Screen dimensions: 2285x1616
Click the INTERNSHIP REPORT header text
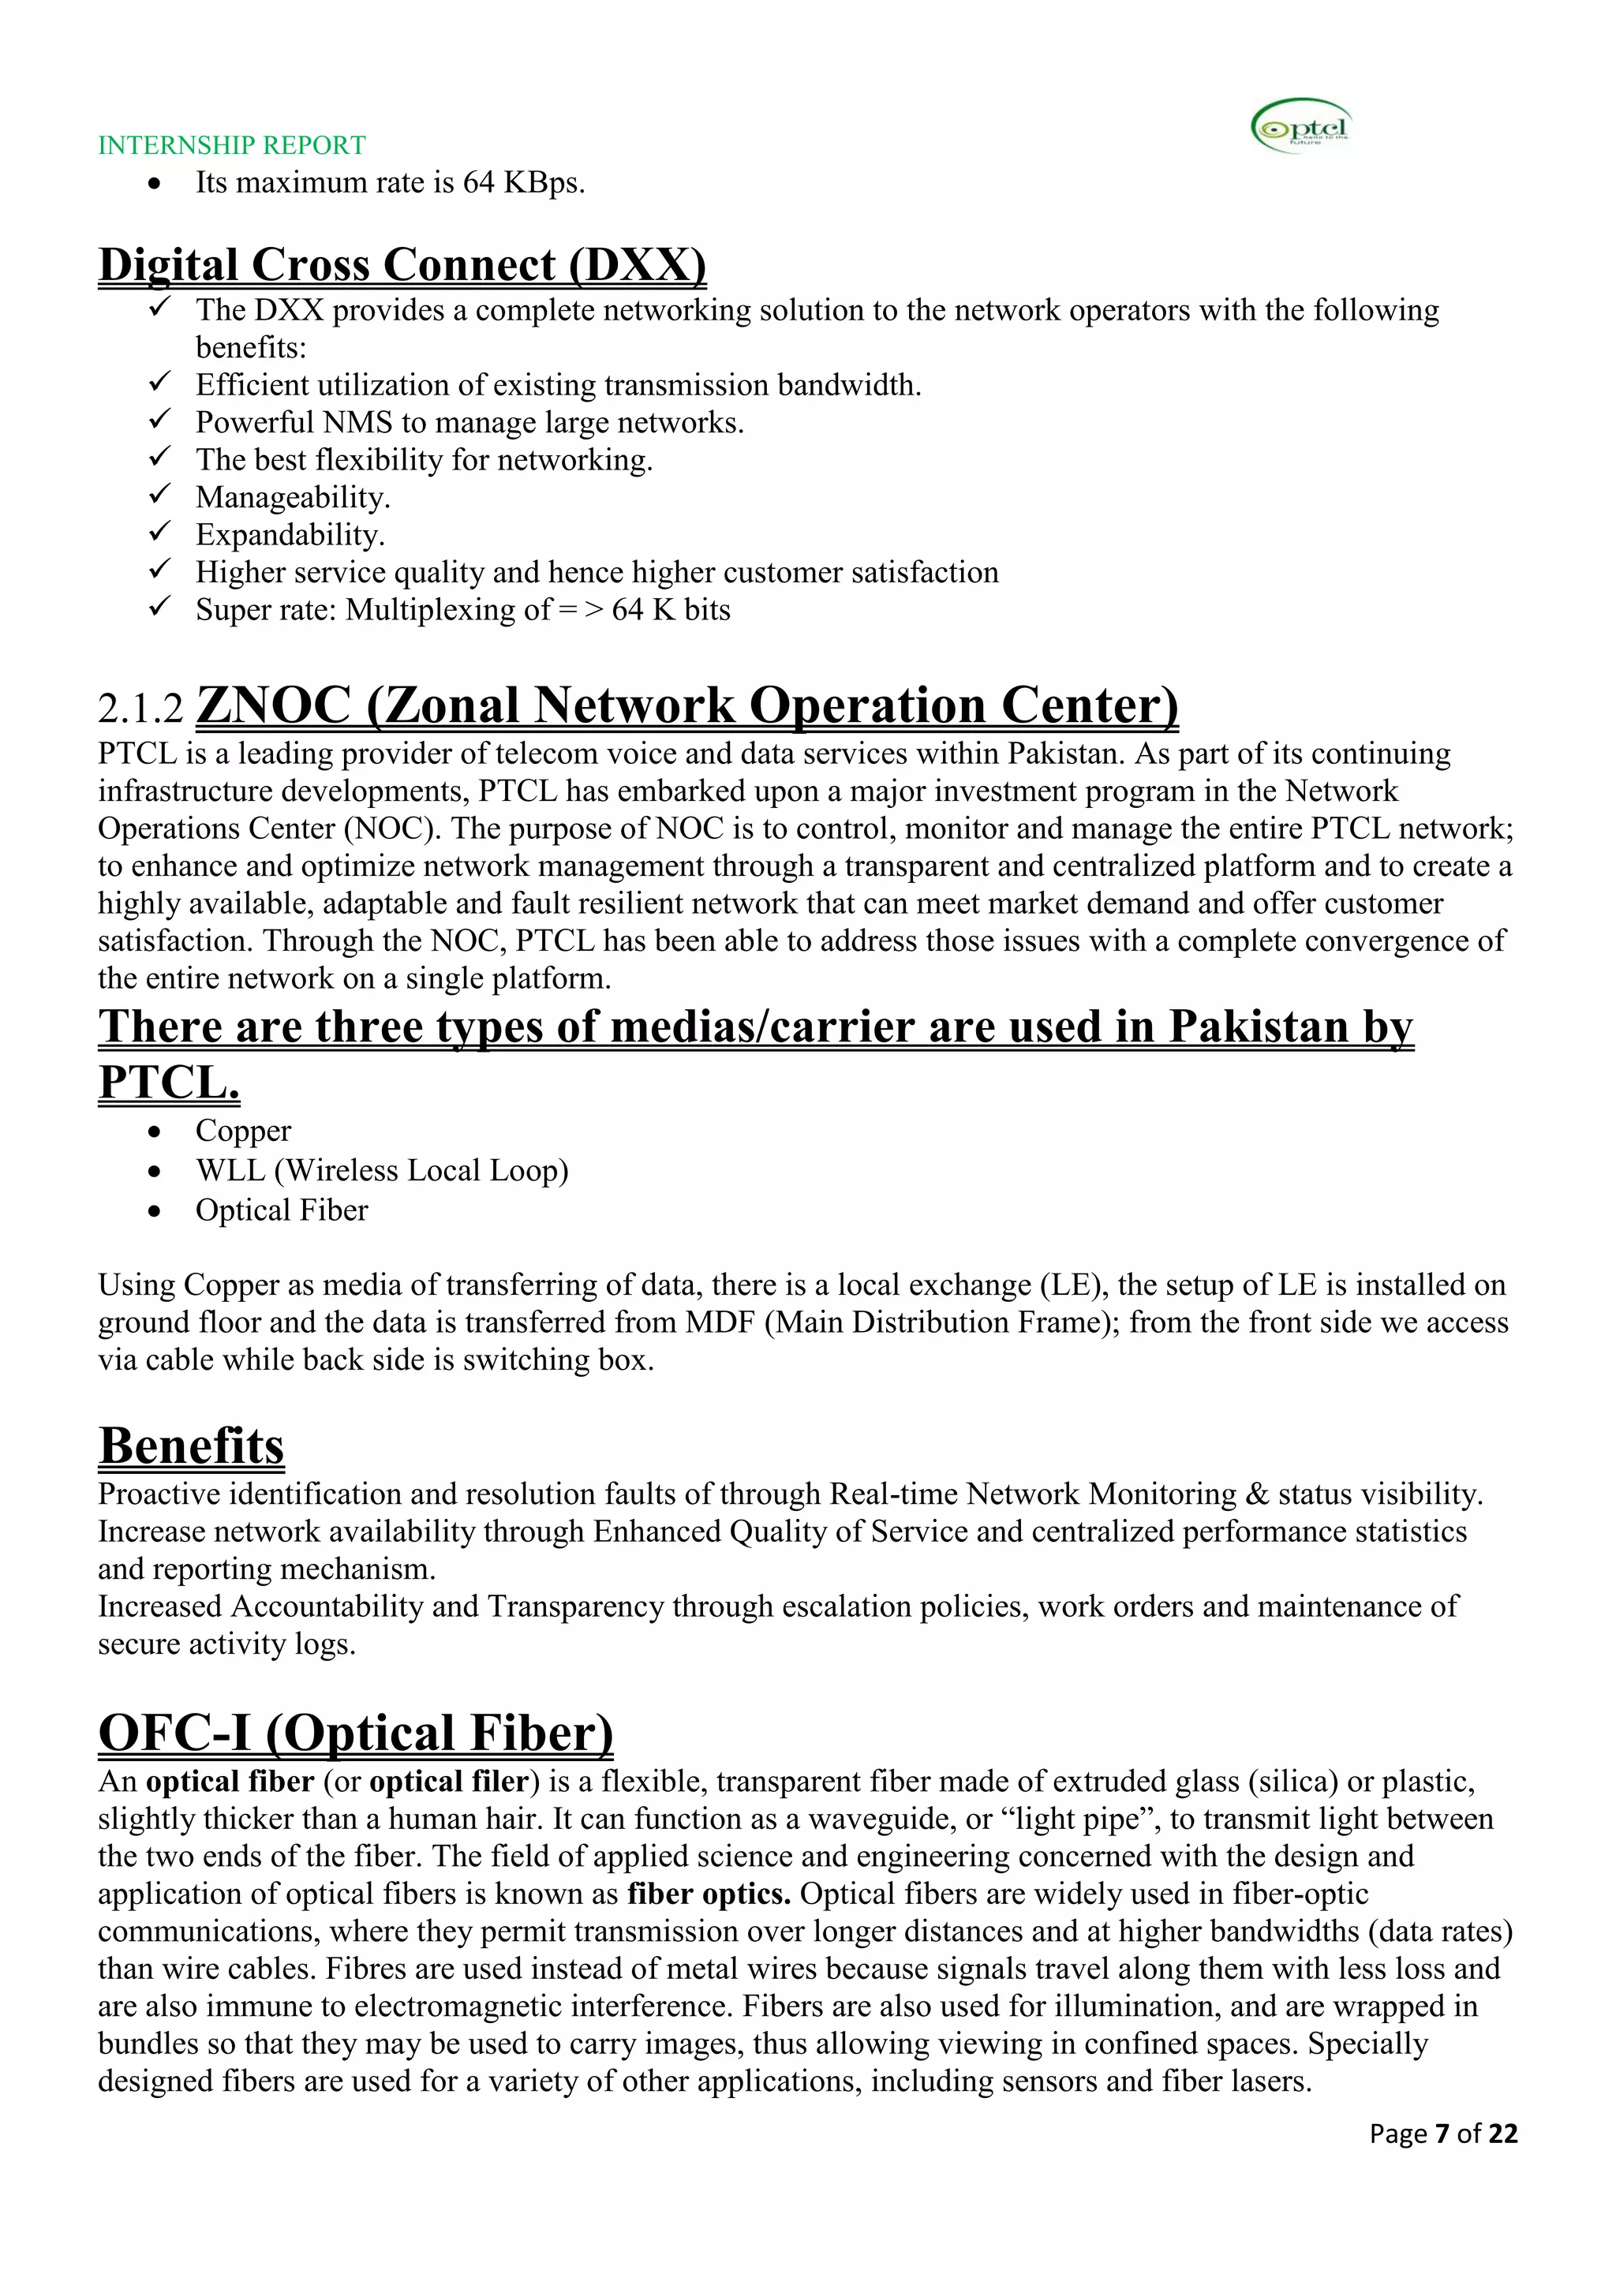tap(232, 145)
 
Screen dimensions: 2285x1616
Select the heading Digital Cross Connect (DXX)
tap(402, 265)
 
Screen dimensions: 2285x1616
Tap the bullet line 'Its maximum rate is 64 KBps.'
tap(390, 183)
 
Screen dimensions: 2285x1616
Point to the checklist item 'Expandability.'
tap(290, 536)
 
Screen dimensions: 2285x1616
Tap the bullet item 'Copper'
tap(243, 1131)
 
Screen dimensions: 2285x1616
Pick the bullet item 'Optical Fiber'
tap(282, 1211)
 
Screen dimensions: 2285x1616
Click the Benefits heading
tap(191, 1446)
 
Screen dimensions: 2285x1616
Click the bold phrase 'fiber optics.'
tap(709, 1894)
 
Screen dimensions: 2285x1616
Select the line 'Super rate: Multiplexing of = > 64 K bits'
tap(462, 610)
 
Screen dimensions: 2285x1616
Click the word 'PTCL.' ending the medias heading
tap(169, 1083)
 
